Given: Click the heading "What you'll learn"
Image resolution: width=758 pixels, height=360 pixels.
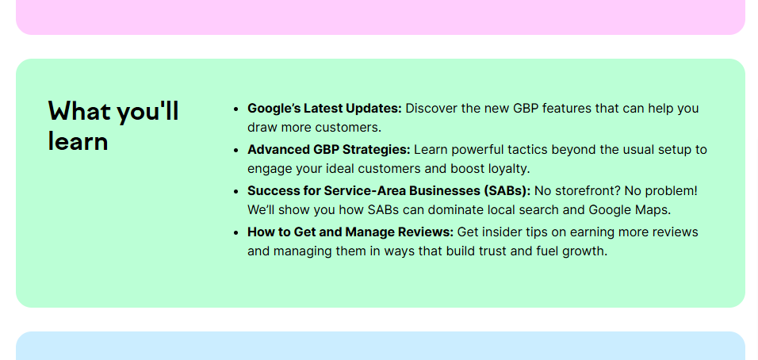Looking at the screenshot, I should coord(113,125).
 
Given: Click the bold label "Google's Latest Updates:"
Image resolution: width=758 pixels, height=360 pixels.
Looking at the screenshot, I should coord(324,109).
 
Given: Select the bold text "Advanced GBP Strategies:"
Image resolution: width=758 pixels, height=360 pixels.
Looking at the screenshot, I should coord(328,150).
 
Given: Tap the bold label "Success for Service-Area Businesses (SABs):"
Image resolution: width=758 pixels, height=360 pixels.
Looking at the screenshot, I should coord(389,191).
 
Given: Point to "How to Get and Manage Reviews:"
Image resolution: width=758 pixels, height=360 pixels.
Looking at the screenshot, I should coord(350,232).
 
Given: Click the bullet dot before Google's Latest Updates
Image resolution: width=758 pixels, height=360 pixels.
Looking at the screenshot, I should coord(236,109).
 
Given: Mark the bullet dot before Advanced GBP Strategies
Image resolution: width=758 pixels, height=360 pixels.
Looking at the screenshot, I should coord(236,150).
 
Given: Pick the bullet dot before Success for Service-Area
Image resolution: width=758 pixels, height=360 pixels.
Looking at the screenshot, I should coord(236,191).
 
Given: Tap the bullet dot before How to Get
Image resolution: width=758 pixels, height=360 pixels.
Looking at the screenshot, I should coord(236,232).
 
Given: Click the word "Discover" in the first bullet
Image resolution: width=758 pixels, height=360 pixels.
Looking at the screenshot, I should coord(431,109).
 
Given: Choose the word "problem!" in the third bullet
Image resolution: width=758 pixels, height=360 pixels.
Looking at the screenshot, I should coord(672,191).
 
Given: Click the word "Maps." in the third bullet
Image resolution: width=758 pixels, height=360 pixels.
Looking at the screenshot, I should coord(652,210).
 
